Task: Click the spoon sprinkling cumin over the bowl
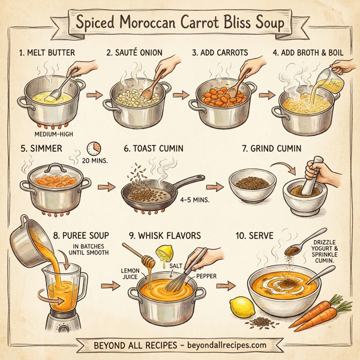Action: click(294, 248)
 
